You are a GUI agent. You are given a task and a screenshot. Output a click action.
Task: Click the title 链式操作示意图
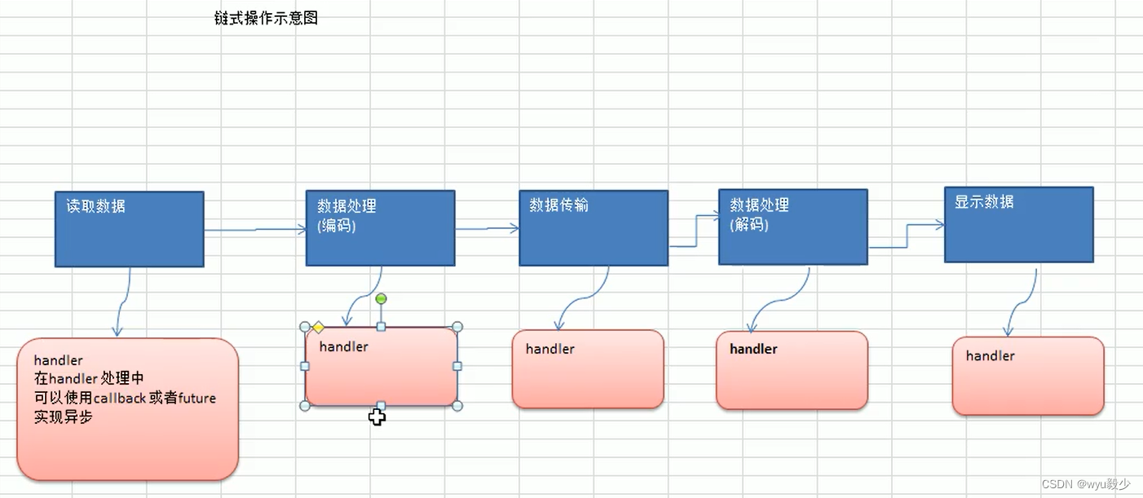coord(266,18)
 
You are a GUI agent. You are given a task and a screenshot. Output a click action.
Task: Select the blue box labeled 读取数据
coord(129,229)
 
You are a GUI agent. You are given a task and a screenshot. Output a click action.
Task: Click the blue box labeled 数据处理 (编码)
coord(380,228)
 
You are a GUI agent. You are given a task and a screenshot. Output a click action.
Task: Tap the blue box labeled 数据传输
coord(593,228)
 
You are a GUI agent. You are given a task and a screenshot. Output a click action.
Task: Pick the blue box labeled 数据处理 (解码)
coord(792,227)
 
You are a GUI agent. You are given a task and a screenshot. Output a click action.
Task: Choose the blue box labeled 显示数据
coord(1018,225)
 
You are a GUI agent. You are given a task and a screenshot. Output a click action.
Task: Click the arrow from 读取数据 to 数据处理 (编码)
coord(254,230)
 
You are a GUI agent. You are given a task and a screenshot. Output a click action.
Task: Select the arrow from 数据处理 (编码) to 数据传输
coord(487,229)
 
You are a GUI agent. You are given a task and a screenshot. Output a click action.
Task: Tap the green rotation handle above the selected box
coord(381,299)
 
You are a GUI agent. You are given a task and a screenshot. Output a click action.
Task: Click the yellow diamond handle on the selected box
coord(318,328)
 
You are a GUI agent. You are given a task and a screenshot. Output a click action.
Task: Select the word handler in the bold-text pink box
coord(753,349)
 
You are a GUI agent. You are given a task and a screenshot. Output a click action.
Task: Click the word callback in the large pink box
coord(119,398)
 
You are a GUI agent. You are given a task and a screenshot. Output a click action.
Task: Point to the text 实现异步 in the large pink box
coord(63,416)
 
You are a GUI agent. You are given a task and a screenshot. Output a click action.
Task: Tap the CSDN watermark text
coord(1085,484)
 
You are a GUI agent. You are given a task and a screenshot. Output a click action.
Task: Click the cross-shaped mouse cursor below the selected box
coord(377,417)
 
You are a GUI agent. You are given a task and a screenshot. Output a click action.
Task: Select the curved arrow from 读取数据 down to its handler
coord(122,302)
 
